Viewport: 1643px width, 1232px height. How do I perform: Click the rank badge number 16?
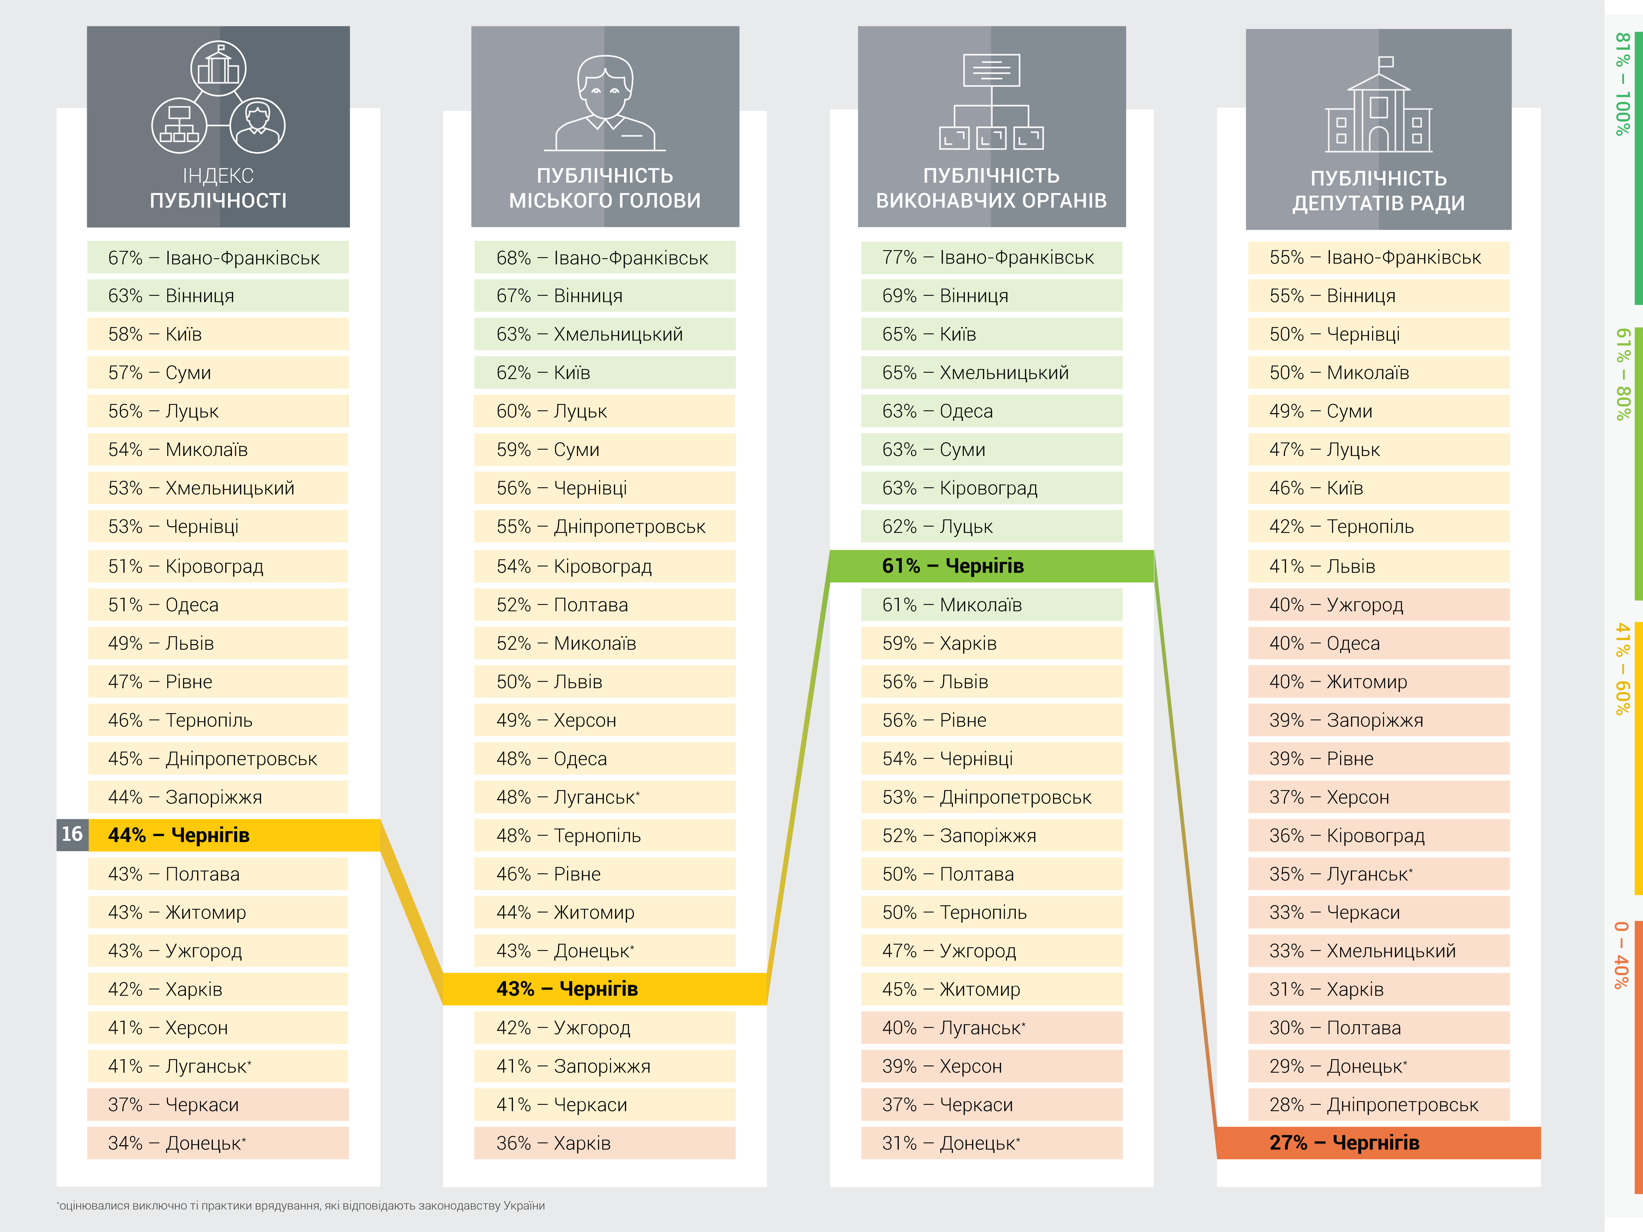(x=72, y=835)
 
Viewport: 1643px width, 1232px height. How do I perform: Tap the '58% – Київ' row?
(x=217, y=334)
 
